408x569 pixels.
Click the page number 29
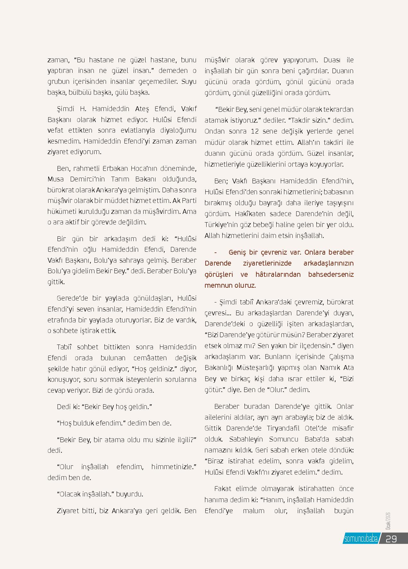point(391,538)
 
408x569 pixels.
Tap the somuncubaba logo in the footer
point(360,539)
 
